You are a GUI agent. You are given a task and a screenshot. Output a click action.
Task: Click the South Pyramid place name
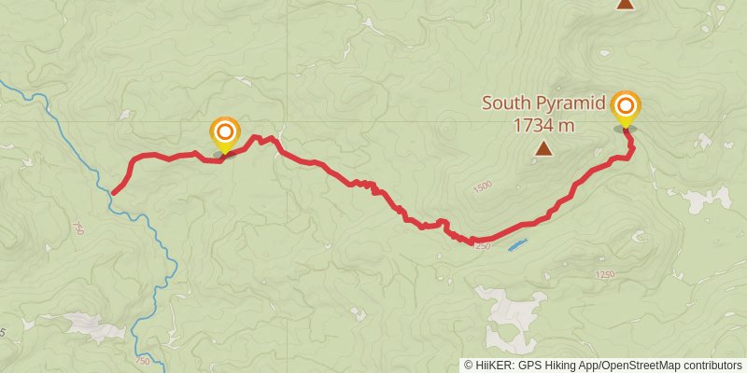(543, 103)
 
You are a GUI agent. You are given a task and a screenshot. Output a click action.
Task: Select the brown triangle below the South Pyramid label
(543, 147)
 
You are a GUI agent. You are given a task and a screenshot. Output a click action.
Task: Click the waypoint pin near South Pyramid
(624, 109)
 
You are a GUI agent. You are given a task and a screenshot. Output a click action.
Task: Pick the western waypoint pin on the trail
(224, 134)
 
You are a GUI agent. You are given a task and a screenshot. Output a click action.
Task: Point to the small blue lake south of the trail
(516, 245)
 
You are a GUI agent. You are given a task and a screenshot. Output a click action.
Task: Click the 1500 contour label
(482, 188)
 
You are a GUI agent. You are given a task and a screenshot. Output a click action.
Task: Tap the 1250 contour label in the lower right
(604, 274)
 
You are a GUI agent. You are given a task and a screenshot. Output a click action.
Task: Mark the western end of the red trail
(114, 193)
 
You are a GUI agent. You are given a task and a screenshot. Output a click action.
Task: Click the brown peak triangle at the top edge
(625, 4)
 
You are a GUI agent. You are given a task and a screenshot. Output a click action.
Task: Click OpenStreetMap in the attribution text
(637, 365)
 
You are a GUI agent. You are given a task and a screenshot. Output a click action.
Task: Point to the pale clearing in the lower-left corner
(93, 325)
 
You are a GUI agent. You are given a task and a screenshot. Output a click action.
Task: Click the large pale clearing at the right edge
(710, 198)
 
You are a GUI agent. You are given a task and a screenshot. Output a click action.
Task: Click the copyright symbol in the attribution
(469, 365)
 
